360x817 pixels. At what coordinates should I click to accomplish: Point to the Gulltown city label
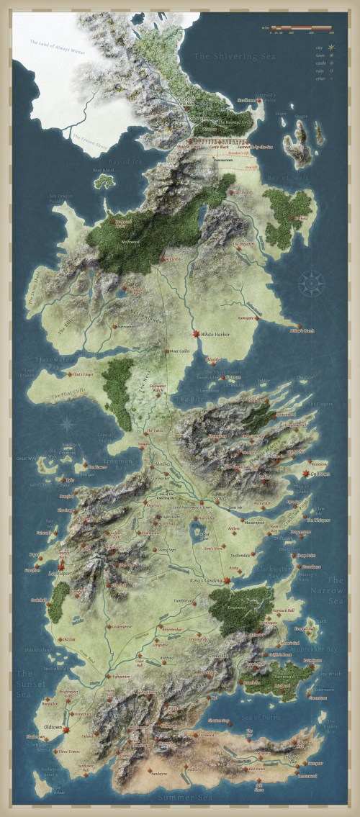[321, 473]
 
